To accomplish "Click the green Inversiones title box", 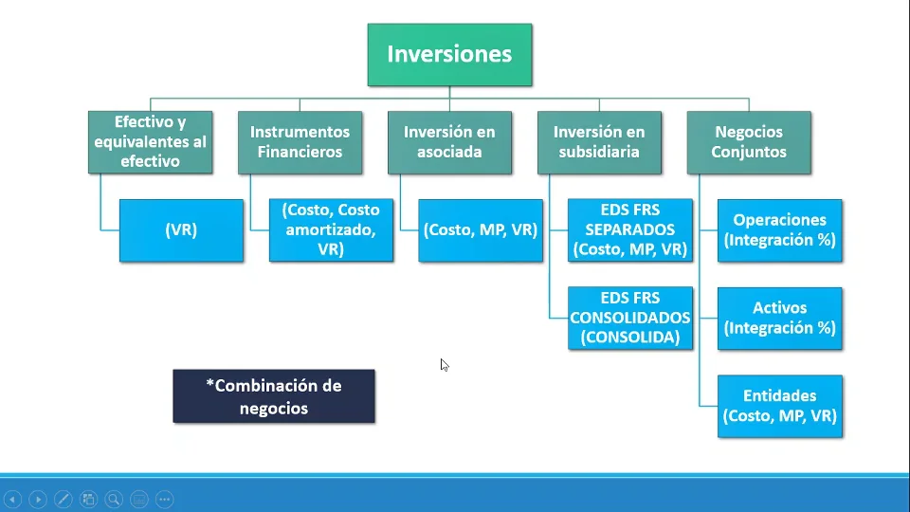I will click(449, 54).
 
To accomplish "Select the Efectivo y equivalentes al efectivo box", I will click(150, 142).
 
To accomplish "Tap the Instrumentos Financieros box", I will click(300, 142).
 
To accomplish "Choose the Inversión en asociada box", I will click(449, 142).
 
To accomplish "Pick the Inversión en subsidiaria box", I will click(599, 142).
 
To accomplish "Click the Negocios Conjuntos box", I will click(749, 142).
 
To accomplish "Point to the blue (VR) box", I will click(181, 230).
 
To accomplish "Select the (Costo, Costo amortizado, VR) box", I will click(331, 230).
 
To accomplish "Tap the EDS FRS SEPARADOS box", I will click(630, 230).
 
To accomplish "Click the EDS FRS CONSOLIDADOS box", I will click(630, 318).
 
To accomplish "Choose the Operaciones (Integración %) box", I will click(780, 230).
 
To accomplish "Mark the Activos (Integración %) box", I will click(780, 318).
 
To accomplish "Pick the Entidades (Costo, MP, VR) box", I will click(780, 406).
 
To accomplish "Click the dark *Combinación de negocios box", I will click(274, 396).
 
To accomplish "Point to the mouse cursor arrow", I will click(444, 364).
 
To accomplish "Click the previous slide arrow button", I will click(13, 499).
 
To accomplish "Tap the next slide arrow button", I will click(38, 499).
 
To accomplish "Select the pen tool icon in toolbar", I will click(64, 499).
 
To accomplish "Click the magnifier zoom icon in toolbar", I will click(114, 499).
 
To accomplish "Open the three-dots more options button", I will click(164, 499).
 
